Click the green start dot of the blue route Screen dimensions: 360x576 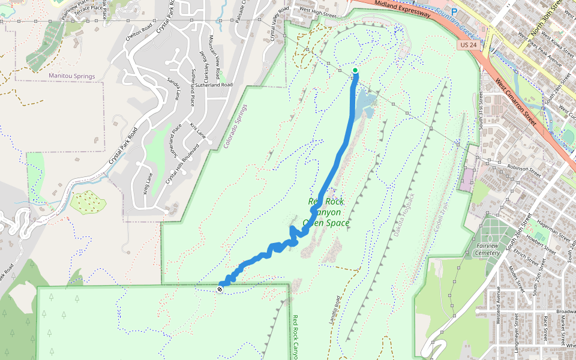[x=355, y=70]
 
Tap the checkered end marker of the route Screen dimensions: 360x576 [x=221, y=289]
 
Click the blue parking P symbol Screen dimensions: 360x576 [x=454, y=11]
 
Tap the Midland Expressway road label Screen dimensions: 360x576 [x=402, y=8]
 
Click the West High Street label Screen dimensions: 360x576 [x=316, y=10]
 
